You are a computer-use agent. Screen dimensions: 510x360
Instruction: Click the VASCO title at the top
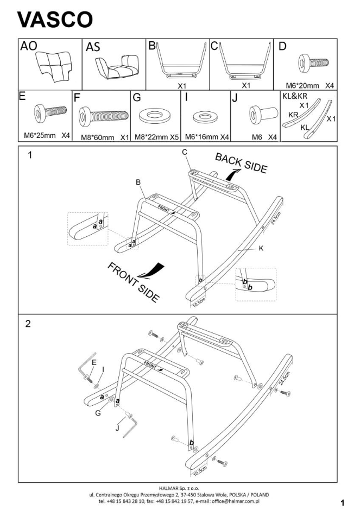(x=55, y=20)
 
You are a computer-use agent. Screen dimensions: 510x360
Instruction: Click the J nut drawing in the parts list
(x=256, y=115)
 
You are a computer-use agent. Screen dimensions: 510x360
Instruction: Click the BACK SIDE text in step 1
(x=242, y=162)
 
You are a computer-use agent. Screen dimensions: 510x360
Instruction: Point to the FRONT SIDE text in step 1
(x=133, y=282)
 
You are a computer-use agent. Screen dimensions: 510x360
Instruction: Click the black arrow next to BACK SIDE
(x=233, y=175)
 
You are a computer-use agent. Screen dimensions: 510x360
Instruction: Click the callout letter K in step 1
(x=261, y=248)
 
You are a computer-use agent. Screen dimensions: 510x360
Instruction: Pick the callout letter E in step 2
(x=94, y=362)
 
